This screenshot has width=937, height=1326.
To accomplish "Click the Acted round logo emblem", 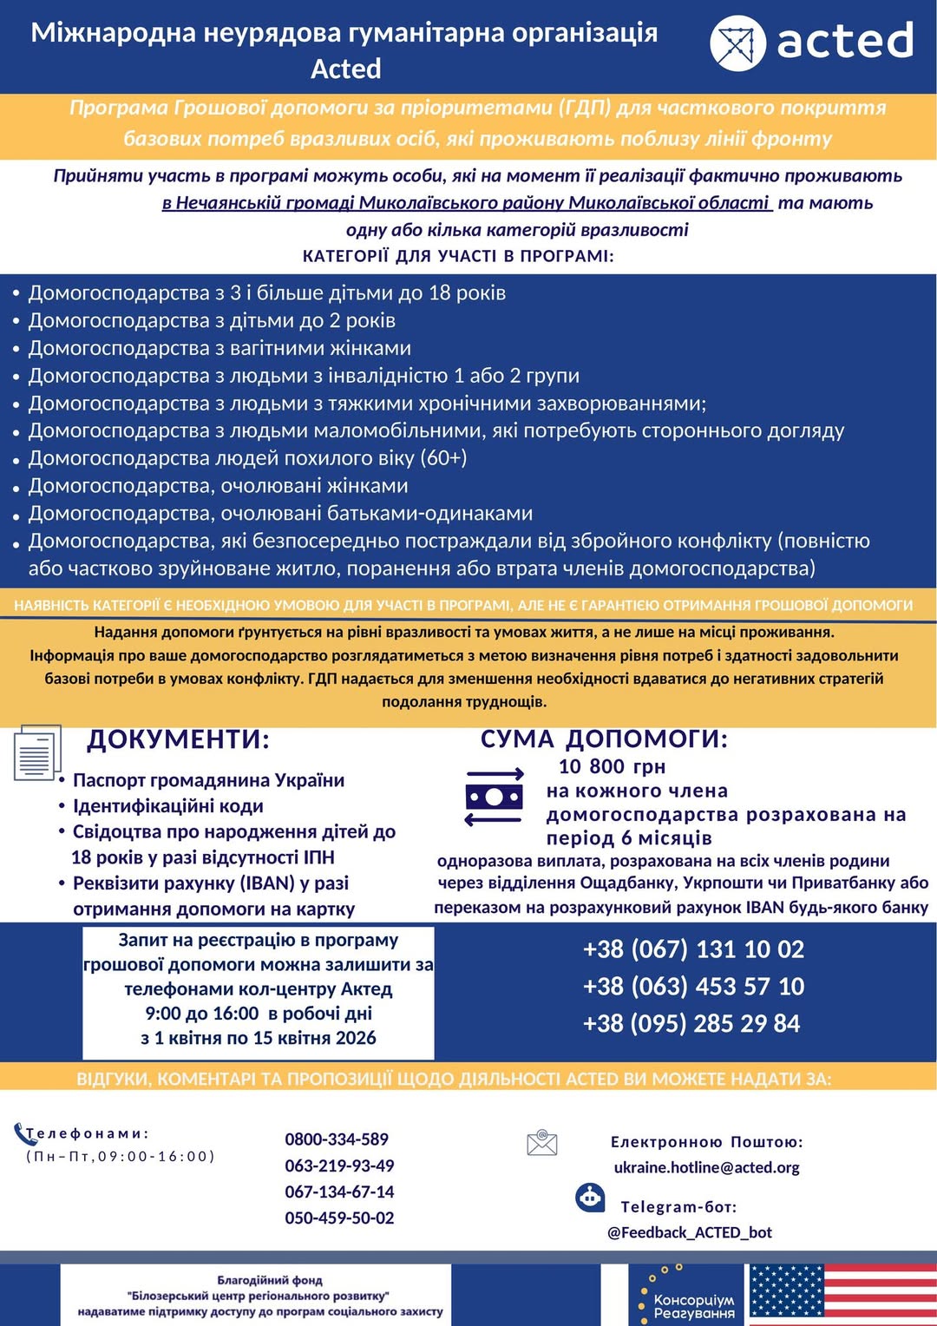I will [737, 43].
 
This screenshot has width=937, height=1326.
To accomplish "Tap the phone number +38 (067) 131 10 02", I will [693, 949].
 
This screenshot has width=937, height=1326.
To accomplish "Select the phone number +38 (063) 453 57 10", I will [693, 987].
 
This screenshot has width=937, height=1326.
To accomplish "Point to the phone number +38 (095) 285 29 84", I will [691, 1024].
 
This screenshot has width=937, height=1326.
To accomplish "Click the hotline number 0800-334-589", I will [337, 1139].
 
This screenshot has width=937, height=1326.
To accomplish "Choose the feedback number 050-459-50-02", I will [339, 1218].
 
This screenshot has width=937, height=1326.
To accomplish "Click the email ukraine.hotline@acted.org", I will [706, 1168].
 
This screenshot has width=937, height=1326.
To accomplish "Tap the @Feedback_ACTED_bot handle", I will [690, 1233].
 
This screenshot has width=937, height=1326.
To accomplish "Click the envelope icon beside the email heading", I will [542, 1143].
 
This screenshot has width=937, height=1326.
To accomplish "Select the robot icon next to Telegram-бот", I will [591, 1198].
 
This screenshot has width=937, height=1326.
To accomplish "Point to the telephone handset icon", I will [22, 1132].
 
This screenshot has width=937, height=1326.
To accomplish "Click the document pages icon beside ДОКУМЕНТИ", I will [37, 752].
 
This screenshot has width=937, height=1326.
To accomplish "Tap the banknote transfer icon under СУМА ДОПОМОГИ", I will [495, 797].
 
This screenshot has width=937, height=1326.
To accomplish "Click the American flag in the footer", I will [842, 1294].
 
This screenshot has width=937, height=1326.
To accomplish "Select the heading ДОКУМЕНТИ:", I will [178, 739].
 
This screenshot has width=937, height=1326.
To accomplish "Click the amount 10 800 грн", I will [612, 767].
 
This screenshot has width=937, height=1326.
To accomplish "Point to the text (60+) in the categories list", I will [443, 458].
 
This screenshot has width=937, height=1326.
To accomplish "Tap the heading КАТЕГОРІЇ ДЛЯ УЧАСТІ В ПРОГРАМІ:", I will [458, 256].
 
